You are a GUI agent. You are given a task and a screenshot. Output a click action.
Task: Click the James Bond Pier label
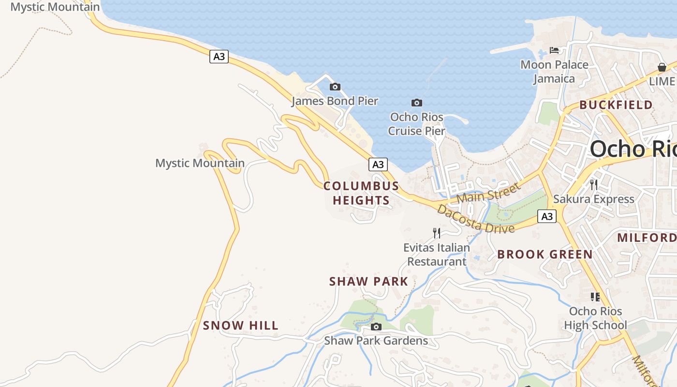click(335, 101)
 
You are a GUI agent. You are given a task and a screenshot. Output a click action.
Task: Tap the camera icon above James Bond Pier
click(335, 87)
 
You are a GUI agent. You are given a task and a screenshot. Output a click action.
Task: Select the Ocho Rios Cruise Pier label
click(417, 124)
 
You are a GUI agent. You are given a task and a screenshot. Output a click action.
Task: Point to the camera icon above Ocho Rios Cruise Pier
click(416, 103)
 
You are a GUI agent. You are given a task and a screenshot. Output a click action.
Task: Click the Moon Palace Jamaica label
click(554, 72)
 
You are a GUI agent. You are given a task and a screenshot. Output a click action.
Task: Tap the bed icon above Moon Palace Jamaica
click(554, 50)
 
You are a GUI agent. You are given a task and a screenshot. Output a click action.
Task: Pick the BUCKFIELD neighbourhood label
click(616, 105)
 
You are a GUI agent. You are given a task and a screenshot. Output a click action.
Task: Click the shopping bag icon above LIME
click(662, 67)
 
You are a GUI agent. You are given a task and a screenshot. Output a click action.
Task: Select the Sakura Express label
click(593, 199)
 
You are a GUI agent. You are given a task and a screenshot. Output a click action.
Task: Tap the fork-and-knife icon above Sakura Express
click(593, 184)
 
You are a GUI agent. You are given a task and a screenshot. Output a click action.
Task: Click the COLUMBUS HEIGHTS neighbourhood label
click(361, 193)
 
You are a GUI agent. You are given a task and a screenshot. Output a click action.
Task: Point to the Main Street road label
click(488, 193)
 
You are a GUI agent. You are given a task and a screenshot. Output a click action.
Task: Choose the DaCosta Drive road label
click(475, 219)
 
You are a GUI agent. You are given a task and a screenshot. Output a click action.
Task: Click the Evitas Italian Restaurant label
click(437, 254)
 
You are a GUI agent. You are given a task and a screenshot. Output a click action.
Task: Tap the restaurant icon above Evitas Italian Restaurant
click(437, 233)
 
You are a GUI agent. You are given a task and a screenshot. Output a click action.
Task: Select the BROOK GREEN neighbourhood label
click(545, 254)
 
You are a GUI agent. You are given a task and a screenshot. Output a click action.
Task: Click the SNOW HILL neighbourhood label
click(241, 326)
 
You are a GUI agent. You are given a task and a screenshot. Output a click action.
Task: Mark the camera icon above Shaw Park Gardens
click(376, 327)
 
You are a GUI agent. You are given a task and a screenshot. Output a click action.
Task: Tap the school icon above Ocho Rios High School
click(595, 297)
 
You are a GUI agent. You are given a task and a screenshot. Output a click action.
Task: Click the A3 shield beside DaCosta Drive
click(547, 216)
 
